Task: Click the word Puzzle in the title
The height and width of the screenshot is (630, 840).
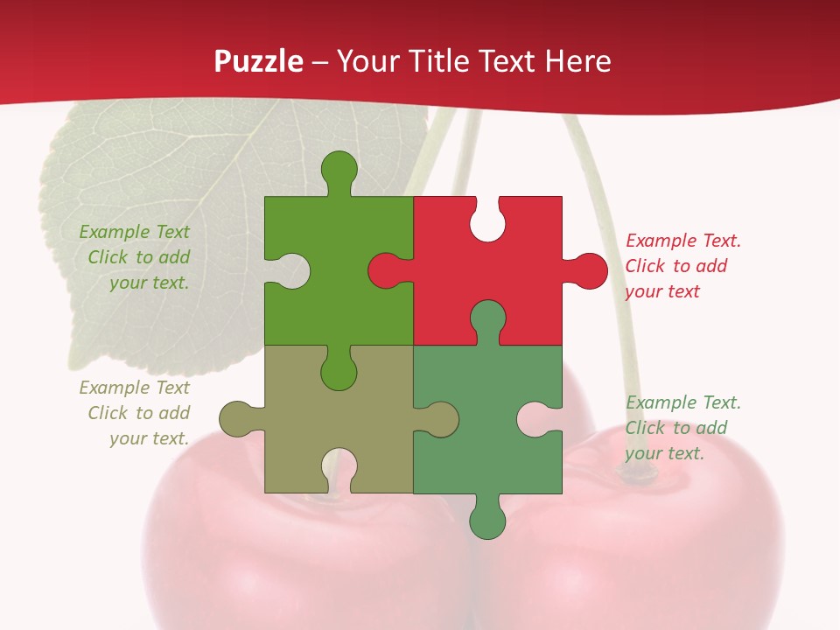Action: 259,61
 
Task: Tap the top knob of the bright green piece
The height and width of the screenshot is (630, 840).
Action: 339,168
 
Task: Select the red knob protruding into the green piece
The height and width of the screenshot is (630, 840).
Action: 386,270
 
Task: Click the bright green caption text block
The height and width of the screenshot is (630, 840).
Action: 136,257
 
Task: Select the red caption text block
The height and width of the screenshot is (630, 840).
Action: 682,266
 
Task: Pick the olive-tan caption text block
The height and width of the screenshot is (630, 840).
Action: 136,413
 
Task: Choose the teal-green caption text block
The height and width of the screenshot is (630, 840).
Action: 682,428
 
